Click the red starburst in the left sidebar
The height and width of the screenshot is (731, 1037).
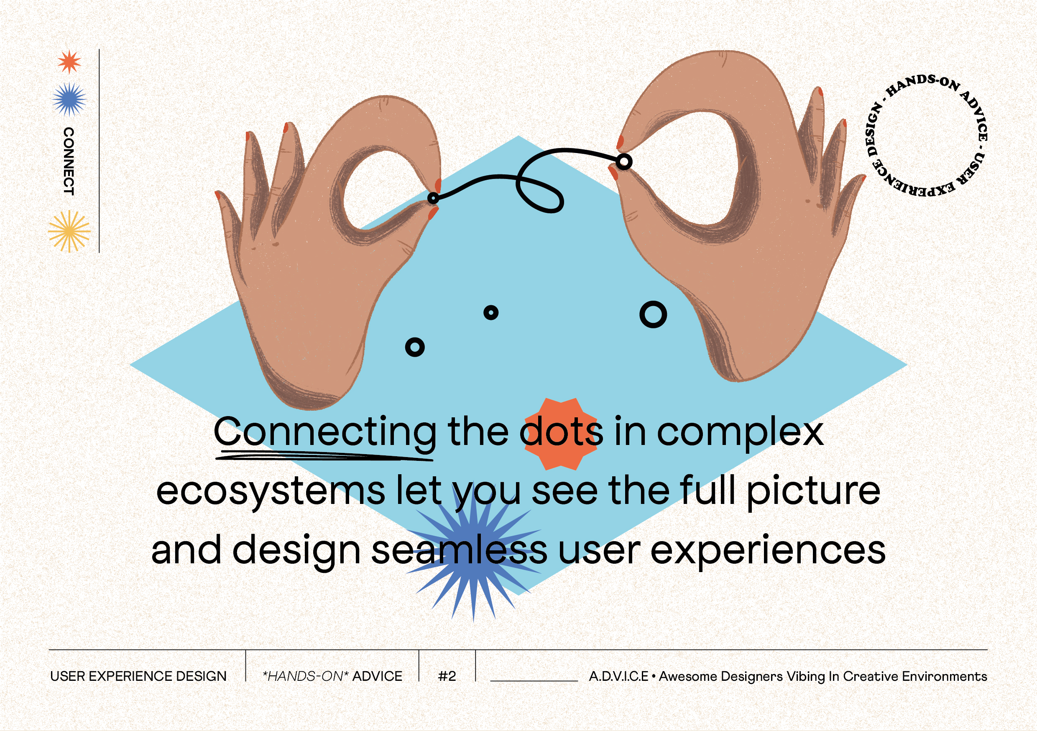pyautogui.click(x=69, y=61)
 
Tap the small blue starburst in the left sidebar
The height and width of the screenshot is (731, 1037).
pyautogui.click(x=69, y=99)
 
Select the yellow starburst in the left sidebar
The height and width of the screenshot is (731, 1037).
pyautogui.click(x=69, y=231)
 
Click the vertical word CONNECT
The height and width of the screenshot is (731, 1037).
pyautogui.click(x=69, y=161)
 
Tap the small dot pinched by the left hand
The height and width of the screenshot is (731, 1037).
pyautogui.click(x=433, y=198)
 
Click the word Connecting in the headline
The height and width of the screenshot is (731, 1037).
pyautogui.click(x=325, y=432)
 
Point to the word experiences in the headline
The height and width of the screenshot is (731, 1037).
pyautogui.click(x=768, y=551)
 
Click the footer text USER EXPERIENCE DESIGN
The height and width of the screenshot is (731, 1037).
pyautogui.click(x=138, y=676)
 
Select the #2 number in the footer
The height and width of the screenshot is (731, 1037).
pyautogui.click(x=447, y=676)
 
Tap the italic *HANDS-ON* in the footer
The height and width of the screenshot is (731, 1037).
pyautogui.click(x=305, y=676)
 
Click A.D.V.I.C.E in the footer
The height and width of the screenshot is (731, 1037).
pyautogui.click(x=619, y=676)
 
